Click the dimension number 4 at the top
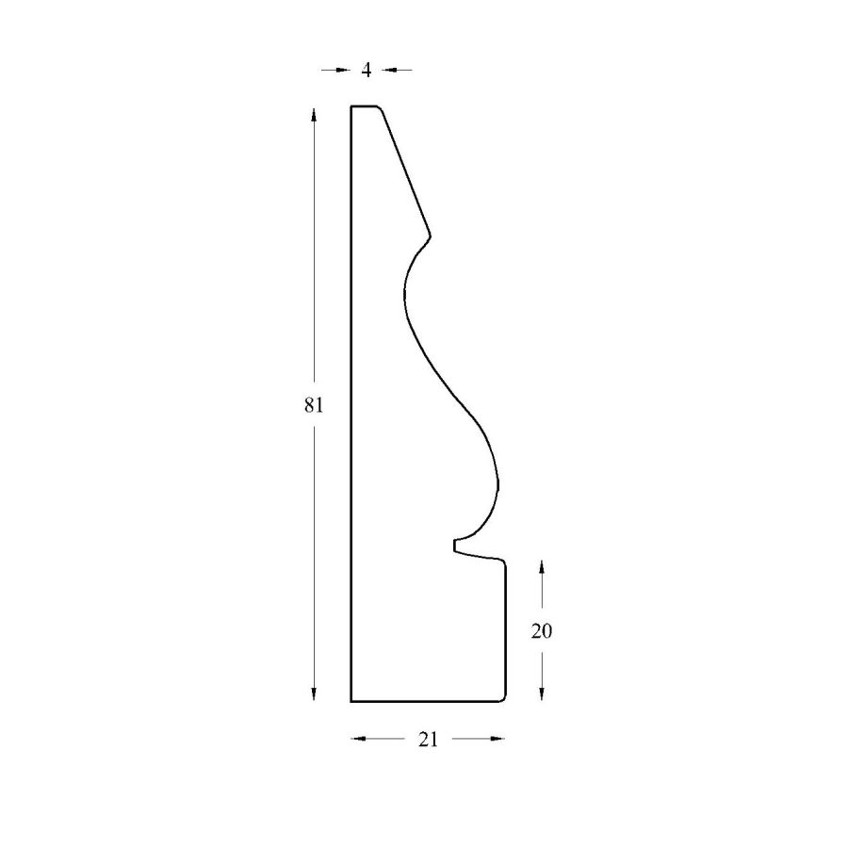(x=367, y=70)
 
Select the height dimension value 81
(x=314, y=404)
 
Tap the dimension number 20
(x=542, y=630)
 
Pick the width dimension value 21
(x=428, y=740)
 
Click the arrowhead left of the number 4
(x=343, y=70)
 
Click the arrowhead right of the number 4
(x=389, y=70)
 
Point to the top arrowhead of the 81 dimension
(x=314, y=116)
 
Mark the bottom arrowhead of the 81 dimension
(x=314, y=693)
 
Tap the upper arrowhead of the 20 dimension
(x=542, y=569)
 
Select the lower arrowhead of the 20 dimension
(x=542, y=693)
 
